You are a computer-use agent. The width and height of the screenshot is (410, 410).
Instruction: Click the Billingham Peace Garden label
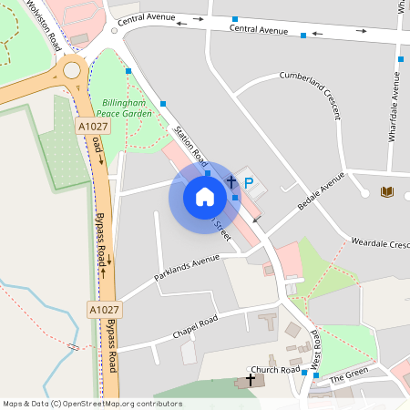click(127, 108)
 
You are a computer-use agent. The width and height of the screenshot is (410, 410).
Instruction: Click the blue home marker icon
click(205, 197)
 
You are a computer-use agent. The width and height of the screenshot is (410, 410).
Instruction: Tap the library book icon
click(387, 191)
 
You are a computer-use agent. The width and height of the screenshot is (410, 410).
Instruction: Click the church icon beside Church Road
click(251, 378)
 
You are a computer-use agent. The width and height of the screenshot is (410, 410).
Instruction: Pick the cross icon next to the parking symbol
click(231, 183)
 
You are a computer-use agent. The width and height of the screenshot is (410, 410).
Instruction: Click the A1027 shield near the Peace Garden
click(92, 127)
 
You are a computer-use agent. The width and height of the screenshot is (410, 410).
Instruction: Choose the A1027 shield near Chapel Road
click(105, 311)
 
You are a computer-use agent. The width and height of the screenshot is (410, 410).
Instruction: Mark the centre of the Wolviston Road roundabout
click(72, 70)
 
